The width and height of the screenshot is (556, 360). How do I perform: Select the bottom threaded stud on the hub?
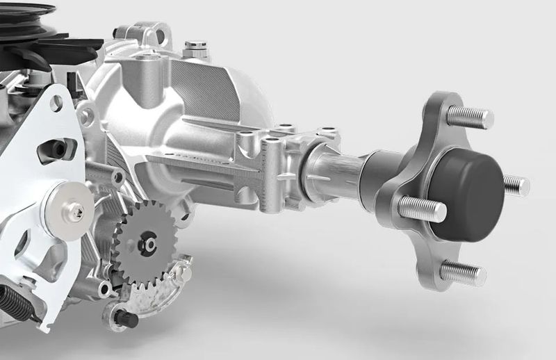[x=461, y=271]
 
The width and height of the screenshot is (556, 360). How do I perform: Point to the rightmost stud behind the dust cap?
[x=516, y=184]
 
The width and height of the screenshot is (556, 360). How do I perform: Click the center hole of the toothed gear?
[x=148, y=245]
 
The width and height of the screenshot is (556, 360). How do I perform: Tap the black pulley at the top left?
[x=28, y=14]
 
